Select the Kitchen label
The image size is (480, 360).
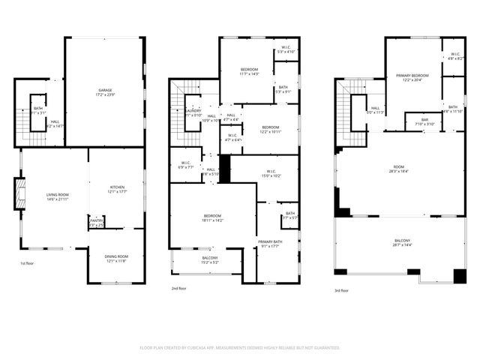point(117,189)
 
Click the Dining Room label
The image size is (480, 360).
point(116,258)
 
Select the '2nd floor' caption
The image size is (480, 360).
point(178,288)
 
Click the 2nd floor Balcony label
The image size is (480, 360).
point(209,260)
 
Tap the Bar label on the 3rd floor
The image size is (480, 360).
point(424,121)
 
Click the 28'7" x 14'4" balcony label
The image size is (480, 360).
point(402,243)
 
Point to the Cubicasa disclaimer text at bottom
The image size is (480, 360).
point(240,347)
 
